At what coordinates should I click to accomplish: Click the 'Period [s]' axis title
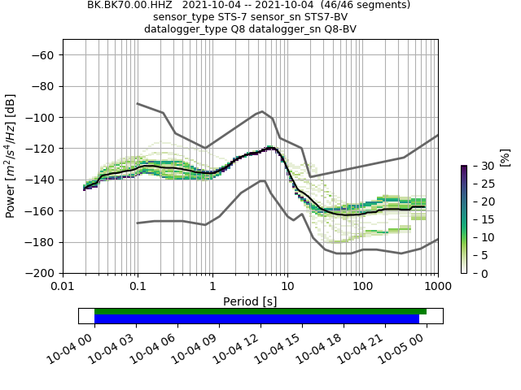click(250, 301)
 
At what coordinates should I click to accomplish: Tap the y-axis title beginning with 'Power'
click(11, 156)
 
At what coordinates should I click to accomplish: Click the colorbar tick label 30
click(479, 166)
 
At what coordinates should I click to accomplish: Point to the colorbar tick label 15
click(479, 219)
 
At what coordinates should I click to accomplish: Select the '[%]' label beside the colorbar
click(505, 157)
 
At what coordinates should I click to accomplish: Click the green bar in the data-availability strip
click(260, 311)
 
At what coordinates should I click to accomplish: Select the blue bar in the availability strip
click(256, 319)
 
